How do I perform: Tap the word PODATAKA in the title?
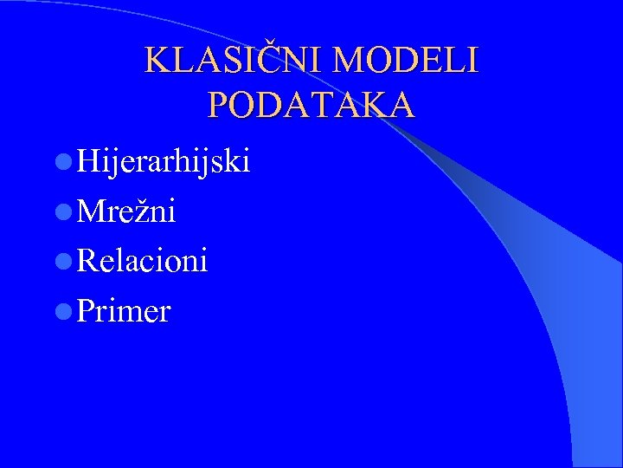point(311,105)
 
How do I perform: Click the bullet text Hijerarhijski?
point(163,161)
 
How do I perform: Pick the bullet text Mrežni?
point(126,211)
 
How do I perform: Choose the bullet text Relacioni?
point(142,260)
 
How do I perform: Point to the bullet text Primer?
point(123,310)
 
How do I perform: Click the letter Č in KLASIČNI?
point(273,60)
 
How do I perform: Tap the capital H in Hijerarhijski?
point(87,160)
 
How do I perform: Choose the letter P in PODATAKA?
point(220,105)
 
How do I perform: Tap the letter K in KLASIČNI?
point(157,60)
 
